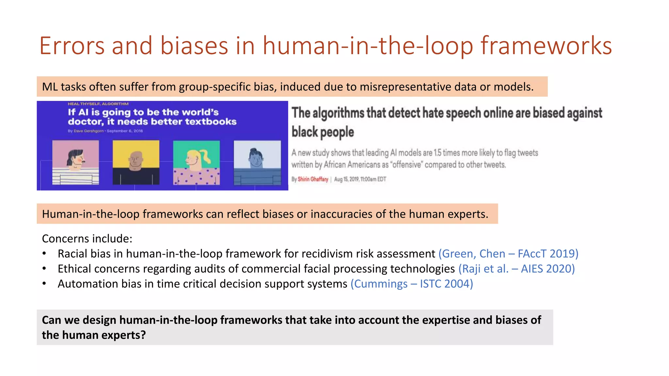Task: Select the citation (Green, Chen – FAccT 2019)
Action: [x=508, y=254]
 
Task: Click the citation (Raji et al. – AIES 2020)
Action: [x=516, y=269]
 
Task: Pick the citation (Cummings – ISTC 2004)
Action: [x=412, y=284]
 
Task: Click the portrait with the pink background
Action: [x=75, y=162]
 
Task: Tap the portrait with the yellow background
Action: [x=136, y=162]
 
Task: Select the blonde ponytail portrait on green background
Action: [x=196, y=162]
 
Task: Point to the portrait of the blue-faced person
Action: [x=257, y=162]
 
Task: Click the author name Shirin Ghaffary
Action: [x=313, y=179]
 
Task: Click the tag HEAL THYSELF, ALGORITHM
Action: [x=98, y=104]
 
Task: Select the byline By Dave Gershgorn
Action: [x=86, y=131]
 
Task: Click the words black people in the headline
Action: [x=322, y=132]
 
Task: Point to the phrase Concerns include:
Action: [x=87, y=239]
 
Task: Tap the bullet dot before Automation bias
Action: [x=44, y=284]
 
